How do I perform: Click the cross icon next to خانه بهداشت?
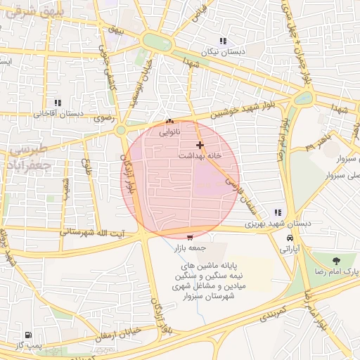pos(200,145)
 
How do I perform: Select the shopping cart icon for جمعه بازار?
pos(189,237)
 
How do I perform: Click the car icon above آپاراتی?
pos(290,238)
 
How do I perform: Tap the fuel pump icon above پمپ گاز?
pos(27,335)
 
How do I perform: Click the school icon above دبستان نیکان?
pos(224,41)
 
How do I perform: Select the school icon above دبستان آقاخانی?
pos(58,102)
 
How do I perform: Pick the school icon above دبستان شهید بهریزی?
pos(279,212)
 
